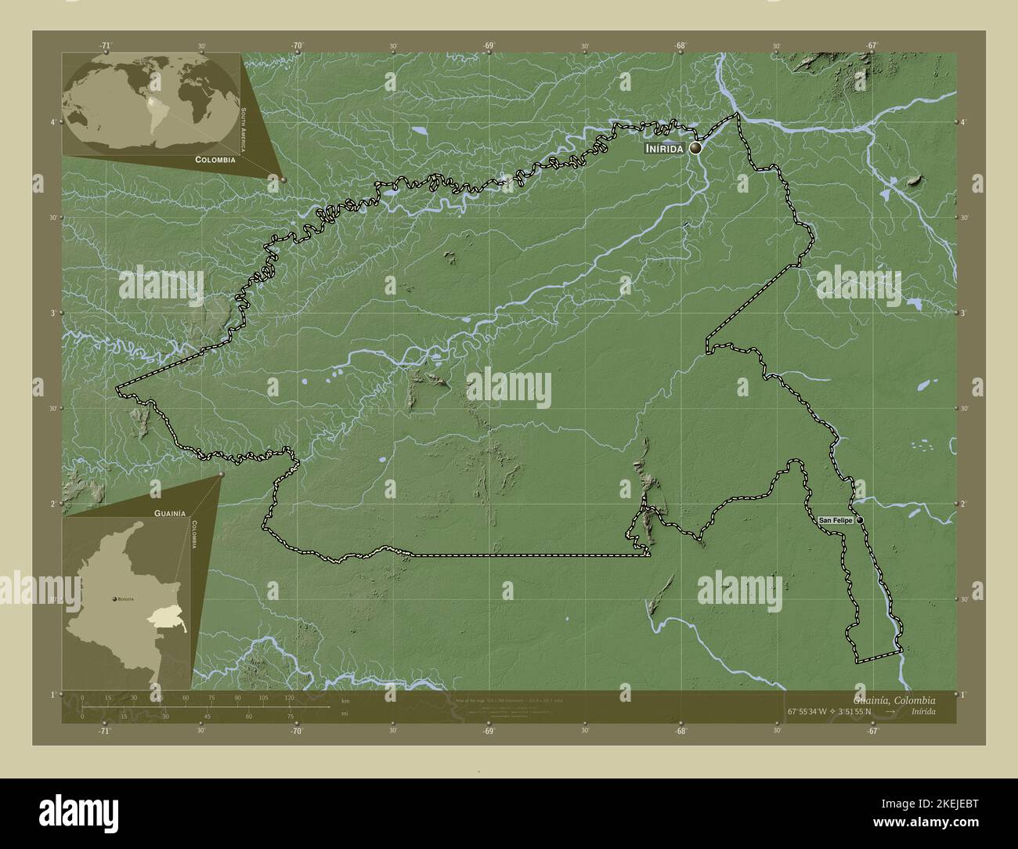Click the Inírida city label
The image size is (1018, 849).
(665, 148)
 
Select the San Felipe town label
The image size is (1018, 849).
(836, 520)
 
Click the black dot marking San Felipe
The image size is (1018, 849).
(859, 520)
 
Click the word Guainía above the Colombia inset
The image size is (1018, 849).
(169, 511)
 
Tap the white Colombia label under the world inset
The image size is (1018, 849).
(211, 159)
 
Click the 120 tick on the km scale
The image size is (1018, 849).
(289, 697)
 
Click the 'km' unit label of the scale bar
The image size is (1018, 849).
(345, 700)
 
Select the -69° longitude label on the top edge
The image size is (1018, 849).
(488, 46)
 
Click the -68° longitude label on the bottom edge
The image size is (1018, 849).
(680, 731)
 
